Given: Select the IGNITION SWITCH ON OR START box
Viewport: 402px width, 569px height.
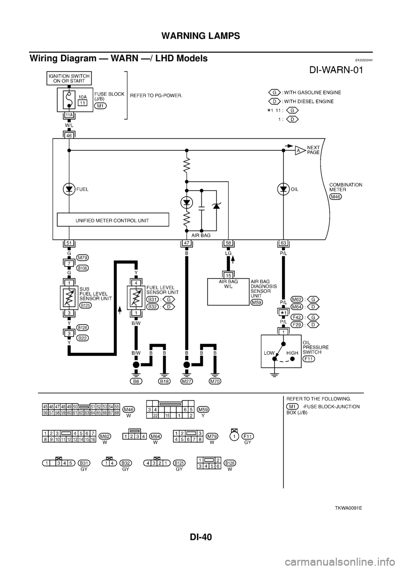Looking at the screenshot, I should [x=68, y=78].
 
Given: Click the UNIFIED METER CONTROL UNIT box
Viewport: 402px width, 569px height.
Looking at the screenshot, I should [x=113, y=220].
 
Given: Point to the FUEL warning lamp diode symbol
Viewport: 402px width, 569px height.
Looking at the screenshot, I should [x=68, y=189].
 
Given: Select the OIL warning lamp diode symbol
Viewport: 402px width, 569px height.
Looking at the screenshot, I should [x=283, y=189].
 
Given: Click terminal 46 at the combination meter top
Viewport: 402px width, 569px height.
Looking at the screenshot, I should [x=68, y=135].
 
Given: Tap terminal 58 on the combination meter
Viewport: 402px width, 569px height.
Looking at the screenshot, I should [x=228, y=243].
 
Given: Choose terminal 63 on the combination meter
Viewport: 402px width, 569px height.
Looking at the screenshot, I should [x=283, y=243].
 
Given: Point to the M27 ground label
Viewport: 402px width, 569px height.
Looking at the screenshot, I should [x=187, y=381].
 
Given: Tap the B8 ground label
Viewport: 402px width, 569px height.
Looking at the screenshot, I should [x=135, y=381].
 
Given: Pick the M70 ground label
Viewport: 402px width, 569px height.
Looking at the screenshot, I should [x=215, y=381].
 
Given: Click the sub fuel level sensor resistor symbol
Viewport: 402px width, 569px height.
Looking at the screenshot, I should [x=68, y=296].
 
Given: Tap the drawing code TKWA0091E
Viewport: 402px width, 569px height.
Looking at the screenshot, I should [x=348, y=507].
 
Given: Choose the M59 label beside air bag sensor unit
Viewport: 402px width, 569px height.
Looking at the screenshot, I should [x=256, y=302].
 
